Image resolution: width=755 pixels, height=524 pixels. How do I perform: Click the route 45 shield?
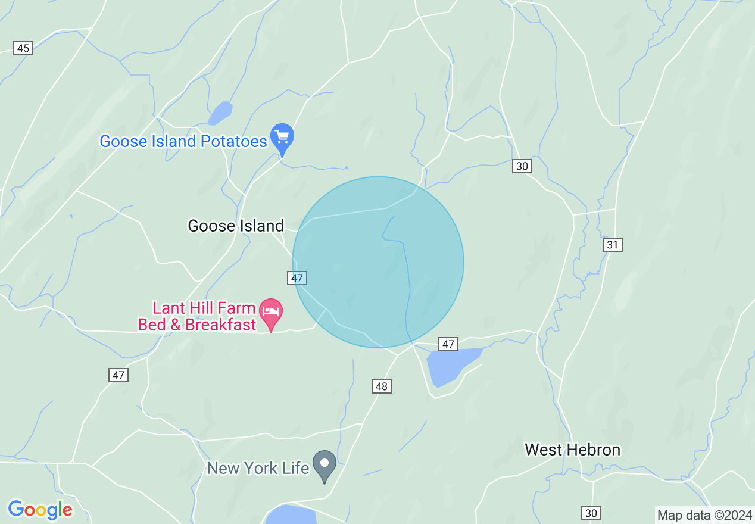pos(23,48)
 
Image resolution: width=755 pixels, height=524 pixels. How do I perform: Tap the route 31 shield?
pos(613,244)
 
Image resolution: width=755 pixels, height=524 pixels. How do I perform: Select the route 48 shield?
pos(382,386)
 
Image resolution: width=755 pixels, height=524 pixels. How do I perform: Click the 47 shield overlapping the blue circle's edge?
pos(297,277)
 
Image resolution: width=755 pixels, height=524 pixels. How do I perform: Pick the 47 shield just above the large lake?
pos(448,344)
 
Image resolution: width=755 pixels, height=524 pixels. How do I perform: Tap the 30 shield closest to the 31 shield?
pos(522,166)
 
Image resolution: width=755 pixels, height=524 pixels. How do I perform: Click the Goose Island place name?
pos(236,226)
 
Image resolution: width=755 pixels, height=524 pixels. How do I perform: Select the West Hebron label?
pos(572,450)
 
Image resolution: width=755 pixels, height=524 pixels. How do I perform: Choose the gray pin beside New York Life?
pos(325,464)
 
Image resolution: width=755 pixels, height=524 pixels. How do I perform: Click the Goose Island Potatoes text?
pos(183,141)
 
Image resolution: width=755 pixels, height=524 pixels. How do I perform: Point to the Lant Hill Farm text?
pos(204,308)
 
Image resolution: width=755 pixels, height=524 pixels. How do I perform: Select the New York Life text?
pos(258,468)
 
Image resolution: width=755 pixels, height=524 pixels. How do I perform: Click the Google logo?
pos(40,510)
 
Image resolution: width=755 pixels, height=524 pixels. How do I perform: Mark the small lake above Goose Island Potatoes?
pos(220,112)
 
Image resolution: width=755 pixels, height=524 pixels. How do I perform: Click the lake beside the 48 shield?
pos(451,365)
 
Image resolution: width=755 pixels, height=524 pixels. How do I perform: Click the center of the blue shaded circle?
pos(378,262)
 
